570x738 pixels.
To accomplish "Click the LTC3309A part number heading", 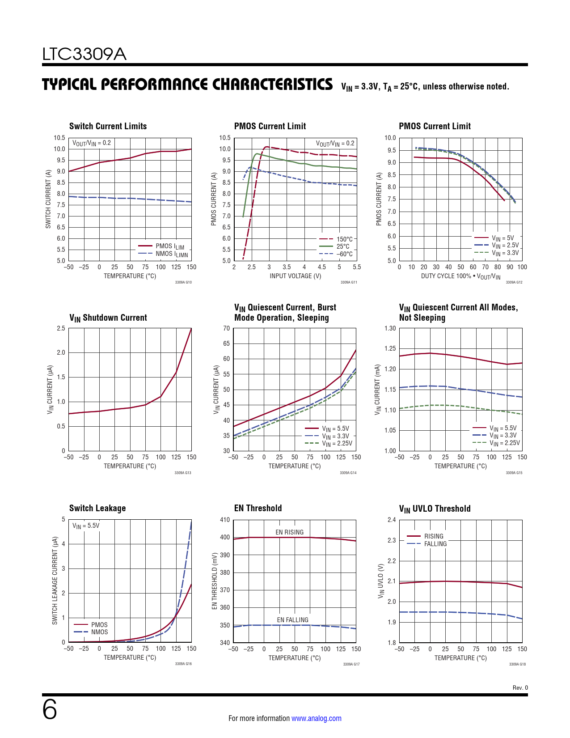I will coord(84,54).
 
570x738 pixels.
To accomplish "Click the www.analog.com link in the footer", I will coord(316,718).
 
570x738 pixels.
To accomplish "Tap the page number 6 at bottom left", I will coord(50,710).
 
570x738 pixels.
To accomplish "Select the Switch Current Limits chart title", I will coord(108,126).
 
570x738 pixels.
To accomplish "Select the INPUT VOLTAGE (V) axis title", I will coord(295,276).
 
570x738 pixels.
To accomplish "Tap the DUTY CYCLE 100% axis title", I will coord(460,276).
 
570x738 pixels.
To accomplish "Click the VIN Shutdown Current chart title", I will coord(108,318).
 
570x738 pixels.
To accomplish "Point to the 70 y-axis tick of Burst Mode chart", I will coord(227,328).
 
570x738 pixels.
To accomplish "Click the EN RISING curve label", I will coord(289,532).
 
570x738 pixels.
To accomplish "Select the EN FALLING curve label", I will coord(292,620).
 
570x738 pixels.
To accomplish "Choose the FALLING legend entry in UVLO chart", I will coord(435,544).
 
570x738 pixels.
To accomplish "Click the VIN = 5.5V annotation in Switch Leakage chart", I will coord(86,526).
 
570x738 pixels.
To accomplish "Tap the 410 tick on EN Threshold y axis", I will coord(225,520).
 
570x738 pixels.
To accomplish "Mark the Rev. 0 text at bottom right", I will coord(520,687).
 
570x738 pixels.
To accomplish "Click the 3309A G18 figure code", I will coord(517,664).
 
